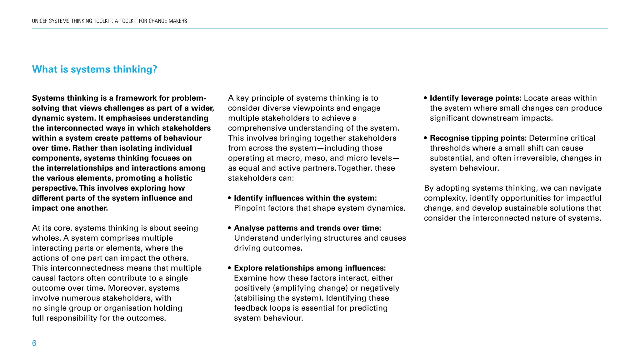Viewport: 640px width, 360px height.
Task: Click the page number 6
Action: pos(34,343)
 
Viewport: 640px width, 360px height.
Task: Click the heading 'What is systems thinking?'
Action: pos(94,69)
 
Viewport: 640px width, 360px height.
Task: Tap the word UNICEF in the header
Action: pos(40,21)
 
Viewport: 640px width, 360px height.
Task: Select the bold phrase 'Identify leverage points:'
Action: pos(475,98)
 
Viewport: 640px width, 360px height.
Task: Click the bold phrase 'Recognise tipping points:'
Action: pos(478,138)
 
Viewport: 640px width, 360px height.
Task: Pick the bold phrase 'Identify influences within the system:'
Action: pos(305,198)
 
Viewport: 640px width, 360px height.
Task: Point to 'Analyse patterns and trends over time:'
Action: pos(307,228)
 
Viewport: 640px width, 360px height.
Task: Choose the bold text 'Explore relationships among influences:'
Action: pos(310,268)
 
